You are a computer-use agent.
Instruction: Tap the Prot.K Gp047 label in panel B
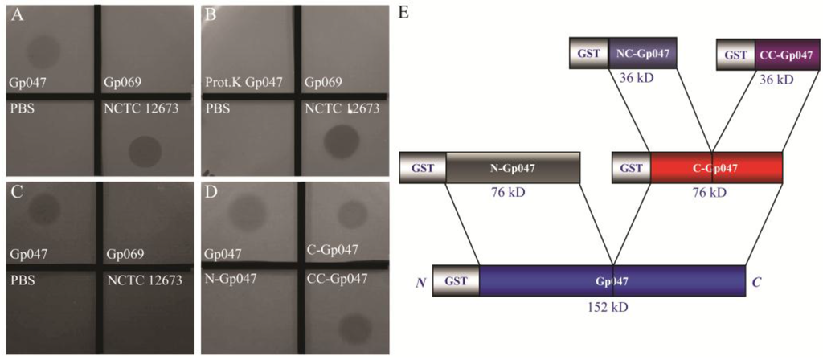[244, 83]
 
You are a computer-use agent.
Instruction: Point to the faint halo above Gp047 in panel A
[39, 53]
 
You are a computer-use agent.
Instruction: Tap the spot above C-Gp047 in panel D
[350, 215]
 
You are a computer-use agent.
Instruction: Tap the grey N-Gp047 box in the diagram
[512, 167]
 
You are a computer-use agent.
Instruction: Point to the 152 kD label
[612, 307]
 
